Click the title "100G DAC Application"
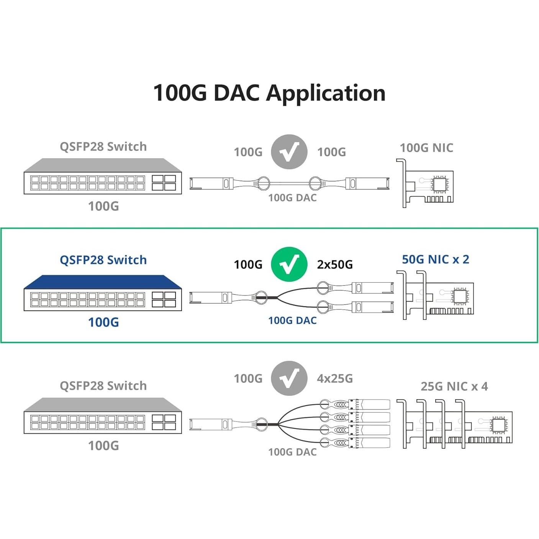click(x=269, y=93)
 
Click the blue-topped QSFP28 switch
click(x=103, y=293)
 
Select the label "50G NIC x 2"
click(x=435, y=259)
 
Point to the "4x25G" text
click(x=334, y=378)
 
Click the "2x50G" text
click(x=334, y=265)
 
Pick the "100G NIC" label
click(x=426, y=148)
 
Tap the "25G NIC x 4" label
click(x=454, y=386)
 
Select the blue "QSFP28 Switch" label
click(x=103, y=260)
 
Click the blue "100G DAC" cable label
click(x=292, y=320)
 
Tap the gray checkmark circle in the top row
click(x=289, y=152)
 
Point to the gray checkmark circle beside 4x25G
click(x=289, y=378)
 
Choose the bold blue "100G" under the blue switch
click(x=103, y=322)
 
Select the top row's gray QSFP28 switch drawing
click(x=103, y=177)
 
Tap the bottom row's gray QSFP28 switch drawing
click(x=103, y=416)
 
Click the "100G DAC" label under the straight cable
click(x=292, y=198)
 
